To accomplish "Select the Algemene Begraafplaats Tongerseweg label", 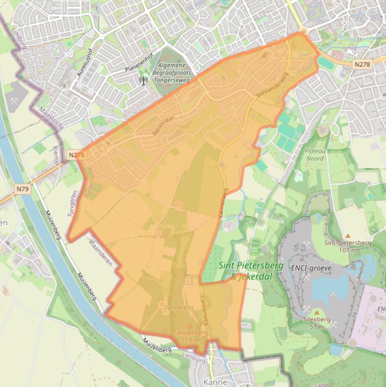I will tap(171, 72).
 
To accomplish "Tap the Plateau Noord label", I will tap(314, 154).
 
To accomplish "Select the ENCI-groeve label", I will tap(311, 268).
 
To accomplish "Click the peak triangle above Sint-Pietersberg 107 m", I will tap(348, 235).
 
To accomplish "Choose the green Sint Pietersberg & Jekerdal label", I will tap(251, 270).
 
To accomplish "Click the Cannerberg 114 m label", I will tap(190, 336).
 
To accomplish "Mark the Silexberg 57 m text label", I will tap(316, 323).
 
